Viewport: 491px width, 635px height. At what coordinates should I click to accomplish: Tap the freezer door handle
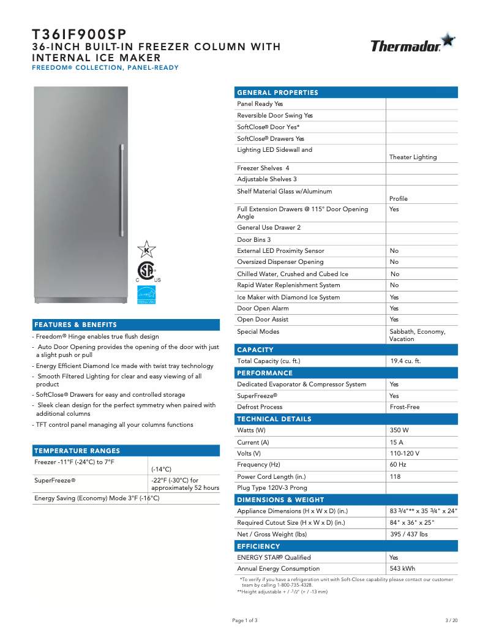coord(122,189)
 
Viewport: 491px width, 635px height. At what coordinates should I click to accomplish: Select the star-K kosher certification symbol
coord(146,250)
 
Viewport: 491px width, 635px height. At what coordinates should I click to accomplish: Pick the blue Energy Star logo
coord(146,295)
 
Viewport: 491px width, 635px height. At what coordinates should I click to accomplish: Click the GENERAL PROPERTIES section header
coord(277,92)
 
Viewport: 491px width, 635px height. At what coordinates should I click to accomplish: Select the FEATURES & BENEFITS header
coord(75,325)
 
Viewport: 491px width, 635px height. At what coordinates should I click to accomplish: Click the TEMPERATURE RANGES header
coord(77,451)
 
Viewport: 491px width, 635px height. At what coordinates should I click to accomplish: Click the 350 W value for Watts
coord(400,430)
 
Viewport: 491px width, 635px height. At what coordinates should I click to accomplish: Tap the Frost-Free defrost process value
coord(404,407)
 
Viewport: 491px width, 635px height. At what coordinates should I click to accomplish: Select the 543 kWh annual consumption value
coord(402,569)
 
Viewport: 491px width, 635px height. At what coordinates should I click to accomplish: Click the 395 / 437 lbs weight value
coord(409,535)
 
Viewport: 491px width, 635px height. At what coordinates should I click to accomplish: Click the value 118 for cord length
coord(395,476)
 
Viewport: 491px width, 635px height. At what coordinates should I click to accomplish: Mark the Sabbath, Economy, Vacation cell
coord(418,335)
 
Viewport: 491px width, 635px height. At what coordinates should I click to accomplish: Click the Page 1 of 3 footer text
coord(245,620)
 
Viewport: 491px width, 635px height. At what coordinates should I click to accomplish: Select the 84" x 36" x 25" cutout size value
coord(412,523)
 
